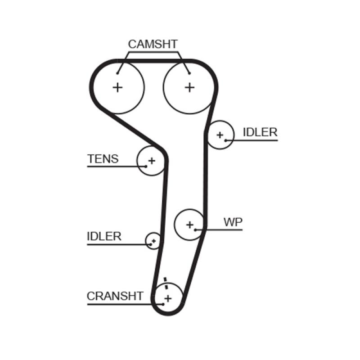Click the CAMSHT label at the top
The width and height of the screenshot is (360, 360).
153,44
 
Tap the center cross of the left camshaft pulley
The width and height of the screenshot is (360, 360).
117,87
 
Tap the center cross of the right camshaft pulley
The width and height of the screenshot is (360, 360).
190,87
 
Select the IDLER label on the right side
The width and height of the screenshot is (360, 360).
260,132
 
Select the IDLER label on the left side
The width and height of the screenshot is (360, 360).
104,236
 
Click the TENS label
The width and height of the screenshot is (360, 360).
103,159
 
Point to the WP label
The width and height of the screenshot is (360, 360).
233,222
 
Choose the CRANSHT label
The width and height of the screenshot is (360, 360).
115,296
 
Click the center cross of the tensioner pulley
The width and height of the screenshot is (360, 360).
152,160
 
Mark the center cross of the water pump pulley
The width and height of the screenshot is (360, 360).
189,224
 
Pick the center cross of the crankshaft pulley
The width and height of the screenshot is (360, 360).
168,298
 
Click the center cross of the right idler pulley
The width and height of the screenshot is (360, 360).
220,135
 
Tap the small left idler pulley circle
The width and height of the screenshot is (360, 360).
153,241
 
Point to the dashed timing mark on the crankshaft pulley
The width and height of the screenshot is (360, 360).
166,283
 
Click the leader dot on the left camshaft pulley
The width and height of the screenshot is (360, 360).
118,73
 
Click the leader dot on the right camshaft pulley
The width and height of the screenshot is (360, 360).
189,73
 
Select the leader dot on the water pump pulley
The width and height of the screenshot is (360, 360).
196,230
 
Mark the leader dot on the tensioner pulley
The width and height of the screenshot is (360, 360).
146,166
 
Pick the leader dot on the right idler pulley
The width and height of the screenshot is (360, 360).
225,140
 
